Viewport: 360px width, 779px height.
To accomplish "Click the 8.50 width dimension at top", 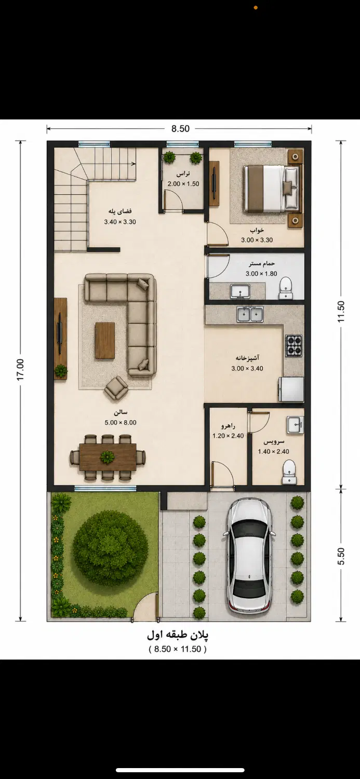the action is pos(180,129).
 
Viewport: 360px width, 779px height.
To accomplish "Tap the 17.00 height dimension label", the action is pos(21,370).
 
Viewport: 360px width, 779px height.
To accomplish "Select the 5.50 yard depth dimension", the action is pos(341,556).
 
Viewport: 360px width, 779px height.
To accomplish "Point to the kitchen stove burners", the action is pos(294,345).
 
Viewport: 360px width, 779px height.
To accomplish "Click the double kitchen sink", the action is pos(250,314).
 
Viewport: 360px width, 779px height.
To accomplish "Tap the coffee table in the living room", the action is pos(105,340).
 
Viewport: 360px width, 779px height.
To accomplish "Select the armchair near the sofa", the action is pos(116,388).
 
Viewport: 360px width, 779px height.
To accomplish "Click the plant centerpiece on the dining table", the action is pos(108,456).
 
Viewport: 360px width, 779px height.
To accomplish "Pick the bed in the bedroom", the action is pos(271,188).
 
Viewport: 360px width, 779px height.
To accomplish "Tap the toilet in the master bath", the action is pos(286,288).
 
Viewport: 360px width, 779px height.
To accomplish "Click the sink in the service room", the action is pos(295,425).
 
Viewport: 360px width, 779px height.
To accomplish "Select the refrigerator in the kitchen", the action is pos(291,389).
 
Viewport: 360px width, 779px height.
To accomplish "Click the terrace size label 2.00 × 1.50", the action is pos(183,184).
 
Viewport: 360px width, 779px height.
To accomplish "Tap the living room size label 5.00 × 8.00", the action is pos(121,423).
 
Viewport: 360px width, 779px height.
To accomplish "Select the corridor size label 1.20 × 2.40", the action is pos(228,436).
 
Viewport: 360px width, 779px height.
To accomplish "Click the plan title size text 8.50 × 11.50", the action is pos(178,649).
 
